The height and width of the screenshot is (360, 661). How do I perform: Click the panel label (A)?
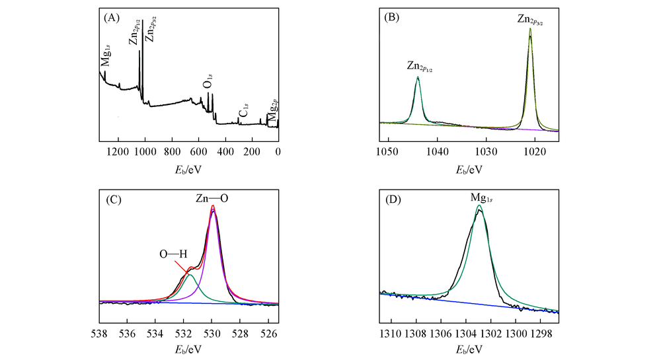(112, 17)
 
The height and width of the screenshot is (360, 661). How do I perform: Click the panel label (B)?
(393, 17)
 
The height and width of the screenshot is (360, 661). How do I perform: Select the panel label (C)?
(112, 201)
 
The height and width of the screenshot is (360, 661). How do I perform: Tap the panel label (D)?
(393, 201)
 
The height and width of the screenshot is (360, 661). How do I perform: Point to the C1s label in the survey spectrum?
(244, 113)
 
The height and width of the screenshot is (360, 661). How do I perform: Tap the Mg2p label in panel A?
(270, 110)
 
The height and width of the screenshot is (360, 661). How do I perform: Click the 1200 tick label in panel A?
(118, 151)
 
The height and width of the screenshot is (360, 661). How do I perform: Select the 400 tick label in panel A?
(225, 151)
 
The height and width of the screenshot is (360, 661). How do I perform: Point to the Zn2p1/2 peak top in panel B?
(418, 77)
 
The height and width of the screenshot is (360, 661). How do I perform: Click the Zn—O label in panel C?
(214, 198)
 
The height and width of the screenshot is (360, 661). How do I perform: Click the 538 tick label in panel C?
(100, 333)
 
